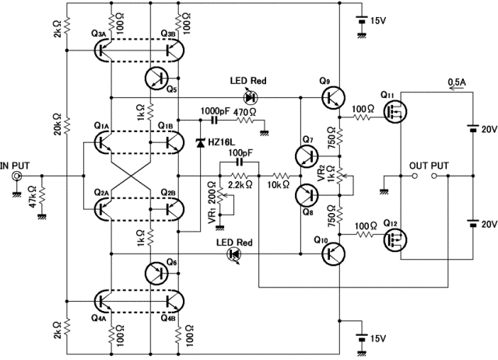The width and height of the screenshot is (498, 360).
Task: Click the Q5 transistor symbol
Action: [x=157, y=78]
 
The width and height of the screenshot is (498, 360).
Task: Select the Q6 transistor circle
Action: [x=157, y=273]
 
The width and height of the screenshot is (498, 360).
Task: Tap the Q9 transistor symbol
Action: [x=333, y=97]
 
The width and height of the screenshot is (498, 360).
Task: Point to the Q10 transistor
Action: [x=333, y=253]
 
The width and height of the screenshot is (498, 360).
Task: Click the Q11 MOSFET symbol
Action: [x=395, y=112]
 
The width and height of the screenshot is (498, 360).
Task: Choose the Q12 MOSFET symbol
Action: [x=395, y=240]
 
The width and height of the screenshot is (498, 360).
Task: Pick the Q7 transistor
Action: [x=307, y=156]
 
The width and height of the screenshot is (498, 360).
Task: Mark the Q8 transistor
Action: [x=307, y=195]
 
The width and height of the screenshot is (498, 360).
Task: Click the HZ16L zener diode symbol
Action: [x=200, y=143]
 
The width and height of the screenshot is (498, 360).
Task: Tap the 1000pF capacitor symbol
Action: [x=215, y=121]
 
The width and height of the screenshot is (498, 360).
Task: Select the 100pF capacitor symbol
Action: [x=240, y=163]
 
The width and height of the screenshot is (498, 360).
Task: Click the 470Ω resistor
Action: [x=245, y=121]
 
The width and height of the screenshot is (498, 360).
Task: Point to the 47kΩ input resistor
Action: [x=42, y=196]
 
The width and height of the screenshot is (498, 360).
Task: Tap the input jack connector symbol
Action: [x=16, y=176]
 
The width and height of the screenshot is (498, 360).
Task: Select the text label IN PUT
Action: [x=15, y=166]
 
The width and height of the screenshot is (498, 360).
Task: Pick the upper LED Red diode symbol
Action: [x=251, y=97]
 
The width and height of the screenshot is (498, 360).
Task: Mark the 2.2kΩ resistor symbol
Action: [x=240, y=176]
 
